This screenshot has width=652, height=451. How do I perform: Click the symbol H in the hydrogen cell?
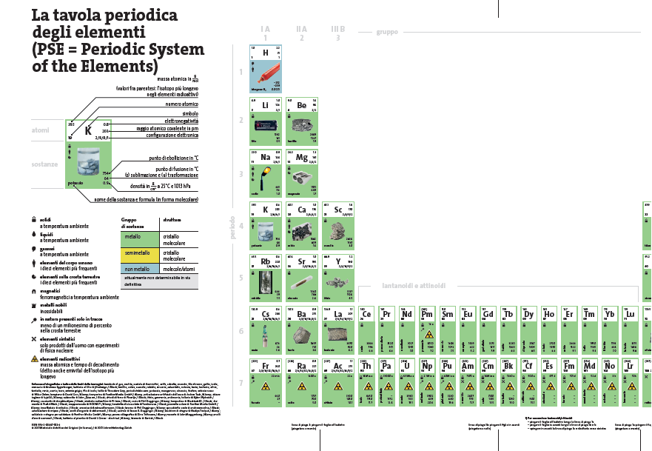pyautogui.click(x=266, y=53)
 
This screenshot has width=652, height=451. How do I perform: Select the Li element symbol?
pyautogui.click(x=266, y=105)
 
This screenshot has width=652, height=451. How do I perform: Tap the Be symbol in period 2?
pyautogui.click(x=302, y=105)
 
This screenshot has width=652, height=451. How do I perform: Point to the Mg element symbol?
pyautogui.click(x=302, y=158)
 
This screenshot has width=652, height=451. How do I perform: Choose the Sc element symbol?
pyautogui.click(x=338, y=210)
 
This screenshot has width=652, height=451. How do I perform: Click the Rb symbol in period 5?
pyautogui.click(x=266, y=261)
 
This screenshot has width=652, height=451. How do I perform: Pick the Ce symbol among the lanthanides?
pyautogui.click(x=366, y=314)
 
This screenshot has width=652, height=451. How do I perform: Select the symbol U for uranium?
pyautogui.click(x=407, y=365)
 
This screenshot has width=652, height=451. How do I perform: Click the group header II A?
pyautogui.click(x=301, y=29)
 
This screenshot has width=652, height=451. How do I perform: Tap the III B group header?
pyautogui.click(x=337, y=29)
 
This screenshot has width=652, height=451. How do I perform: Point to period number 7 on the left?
pyautogui.click(x=240, y=382)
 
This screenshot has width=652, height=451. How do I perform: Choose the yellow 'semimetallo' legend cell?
pyautogui.click(x=136, y=253)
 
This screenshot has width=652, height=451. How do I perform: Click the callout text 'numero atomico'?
pyautogui.click(x=181, y=104)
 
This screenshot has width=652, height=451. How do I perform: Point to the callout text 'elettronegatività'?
pyautogui.click(x=181, y=121)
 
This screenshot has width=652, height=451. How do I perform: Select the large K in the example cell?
pyautogui.click(x=88, y=130)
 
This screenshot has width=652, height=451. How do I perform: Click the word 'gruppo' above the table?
pyautogui.click(x=386, y=32)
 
